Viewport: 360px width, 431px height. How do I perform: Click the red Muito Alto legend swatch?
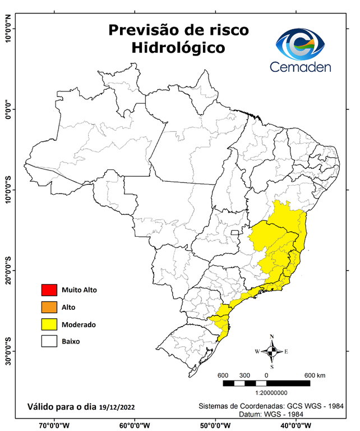tap(49, 290)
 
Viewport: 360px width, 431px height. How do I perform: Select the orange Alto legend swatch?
tap(49, 307)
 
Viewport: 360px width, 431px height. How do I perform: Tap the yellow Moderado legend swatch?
tap(49, 324)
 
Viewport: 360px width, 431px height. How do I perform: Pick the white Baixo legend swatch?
tap(49, 341)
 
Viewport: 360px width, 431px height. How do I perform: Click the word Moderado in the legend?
tap(79, 324)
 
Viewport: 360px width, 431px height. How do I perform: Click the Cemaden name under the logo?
tap(301, 67)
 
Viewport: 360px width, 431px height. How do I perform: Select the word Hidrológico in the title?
tap(178, 48)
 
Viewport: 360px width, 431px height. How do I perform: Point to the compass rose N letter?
tap(272, 337)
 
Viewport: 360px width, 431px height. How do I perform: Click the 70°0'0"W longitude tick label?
tap(54, 425)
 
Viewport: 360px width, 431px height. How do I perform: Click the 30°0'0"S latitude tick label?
tap(8, 351)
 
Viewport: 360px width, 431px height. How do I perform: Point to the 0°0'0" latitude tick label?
tap(8, 109)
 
